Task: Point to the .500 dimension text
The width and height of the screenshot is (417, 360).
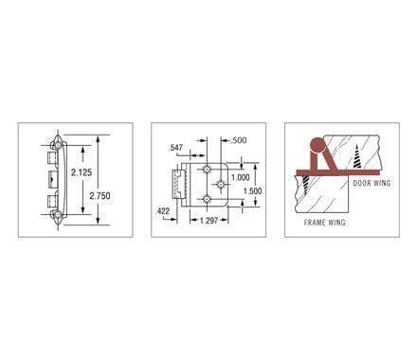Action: click(x=237, y=141)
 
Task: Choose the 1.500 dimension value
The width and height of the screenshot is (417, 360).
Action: click(x=250, y=190)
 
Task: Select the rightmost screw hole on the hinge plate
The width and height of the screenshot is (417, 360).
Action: click(x=220, y=182)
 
